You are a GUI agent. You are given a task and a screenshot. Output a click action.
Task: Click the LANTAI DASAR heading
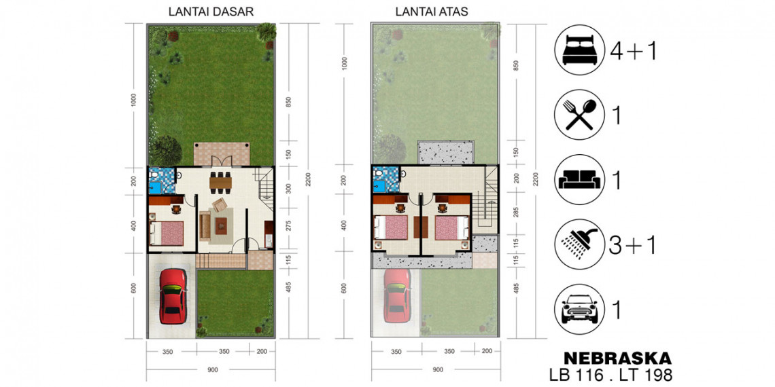click(211, 12)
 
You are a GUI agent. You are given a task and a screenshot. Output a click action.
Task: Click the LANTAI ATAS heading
click(432, 12)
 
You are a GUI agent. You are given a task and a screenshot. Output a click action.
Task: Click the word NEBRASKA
click(617, 357)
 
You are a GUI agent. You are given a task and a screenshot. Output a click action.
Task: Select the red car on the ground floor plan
click(173, 296)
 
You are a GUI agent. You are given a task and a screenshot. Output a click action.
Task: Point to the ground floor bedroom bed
click(167, 232)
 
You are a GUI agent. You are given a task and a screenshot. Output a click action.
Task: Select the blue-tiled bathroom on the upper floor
click(385, 180)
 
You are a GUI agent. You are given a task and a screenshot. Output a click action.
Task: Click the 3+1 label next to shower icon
click(632, 245)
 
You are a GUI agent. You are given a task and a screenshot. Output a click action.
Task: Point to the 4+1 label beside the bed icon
click(633, 50)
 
